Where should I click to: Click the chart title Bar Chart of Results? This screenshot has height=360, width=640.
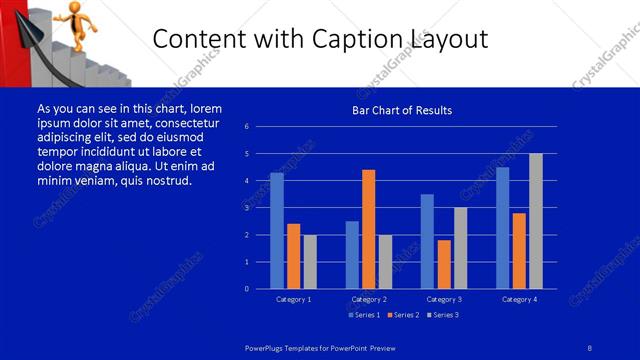point(403,110)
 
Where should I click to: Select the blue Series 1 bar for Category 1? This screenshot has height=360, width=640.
point(277,230)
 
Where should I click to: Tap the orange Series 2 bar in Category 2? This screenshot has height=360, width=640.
point(368,229)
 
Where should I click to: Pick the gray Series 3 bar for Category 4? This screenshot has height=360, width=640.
point(536,220)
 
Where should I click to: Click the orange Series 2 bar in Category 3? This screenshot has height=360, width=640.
point(444,264)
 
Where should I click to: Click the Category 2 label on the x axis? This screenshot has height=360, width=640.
point(369,299)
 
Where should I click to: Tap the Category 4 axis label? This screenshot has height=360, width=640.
point(519,299)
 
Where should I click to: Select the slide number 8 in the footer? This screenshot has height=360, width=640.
point(590,346)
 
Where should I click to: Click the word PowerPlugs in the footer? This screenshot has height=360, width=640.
point(267,346)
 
